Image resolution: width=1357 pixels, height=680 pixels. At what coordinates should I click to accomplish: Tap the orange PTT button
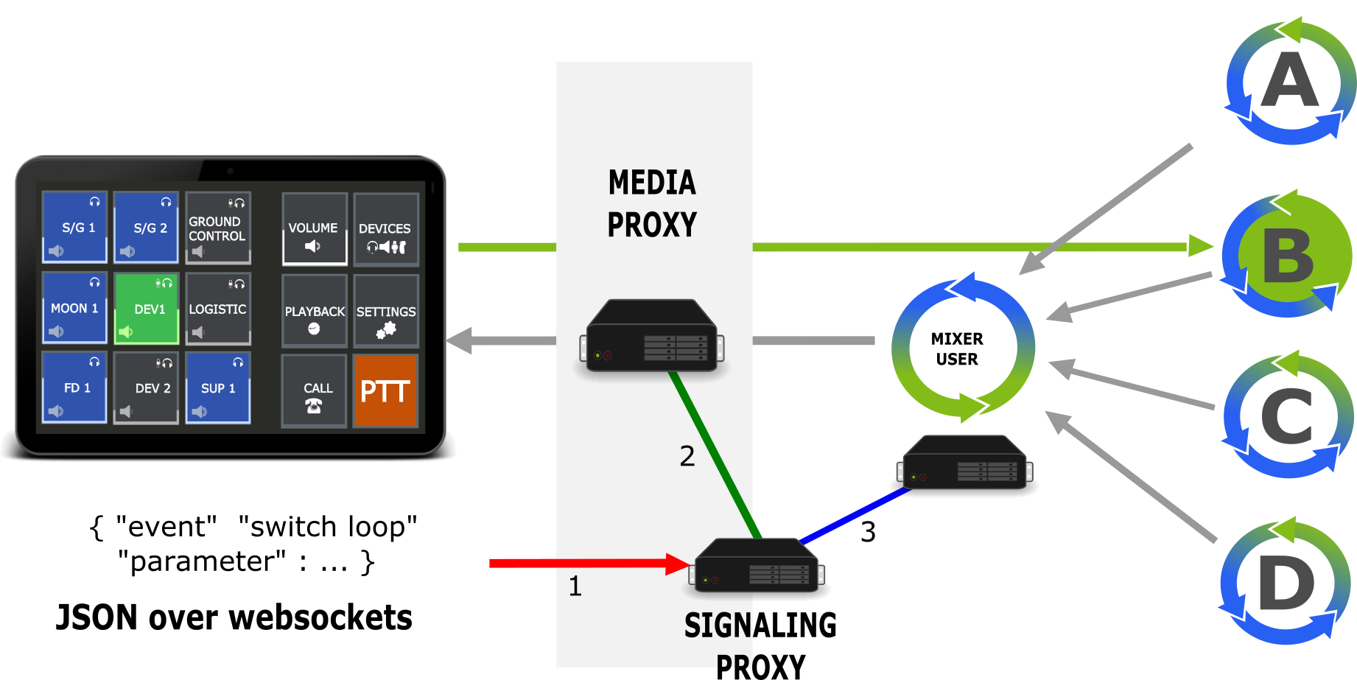coord(385,391)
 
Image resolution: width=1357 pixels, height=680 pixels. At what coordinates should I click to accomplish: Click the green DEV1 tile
coord(147,308)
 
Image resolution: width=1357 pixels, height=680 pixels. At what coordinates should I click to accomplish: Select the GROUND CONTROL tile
coord(217,228)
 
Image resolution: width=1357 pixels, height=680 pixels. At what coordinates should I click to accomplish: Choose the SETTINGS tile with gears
coord(386,311)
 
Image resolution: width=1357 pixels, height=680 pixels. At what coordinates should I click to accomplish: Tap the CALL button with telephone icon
coord(315,391)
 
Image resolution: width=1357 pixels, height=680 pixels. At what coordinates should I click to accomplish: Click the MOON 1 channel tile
coord(74,308)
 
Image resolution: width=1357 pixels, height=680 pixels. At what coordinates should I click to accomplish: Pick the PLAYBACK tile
coord(315,311)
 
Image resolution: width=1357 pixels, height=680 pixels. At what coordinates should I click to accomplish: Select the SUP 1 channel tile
coord(218,388)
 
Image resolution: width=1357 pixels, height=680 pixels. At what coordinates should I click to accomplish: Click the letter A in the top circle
coord(1289,81)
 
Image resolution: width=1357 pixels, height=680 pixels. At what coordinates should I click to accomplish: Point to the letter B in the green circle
coord(1288,256)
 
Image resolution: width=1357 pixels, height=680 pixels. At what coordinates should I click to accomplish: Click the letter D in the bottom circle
coord(1286,583)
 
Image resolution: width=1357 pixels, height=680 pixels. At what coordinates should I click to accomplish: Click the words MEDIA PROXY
coord(652,203)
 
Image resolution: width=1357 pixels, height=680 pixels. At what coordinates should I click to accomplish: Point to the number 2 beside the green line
coord(687,456)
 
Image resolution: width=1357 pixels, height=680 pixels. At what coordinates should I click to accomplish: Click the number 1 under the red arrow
coord(575,586)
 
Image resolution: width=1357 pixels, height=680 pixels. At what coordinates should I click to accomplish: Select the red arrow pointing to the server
coord(582,564)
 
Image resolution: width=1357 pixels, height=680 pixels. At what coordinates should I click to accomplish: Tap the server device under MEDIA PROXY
coord(652,335)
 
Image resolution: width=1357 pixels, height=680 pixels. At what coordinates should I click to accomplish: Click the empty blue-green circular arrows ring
coord(963,348)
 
